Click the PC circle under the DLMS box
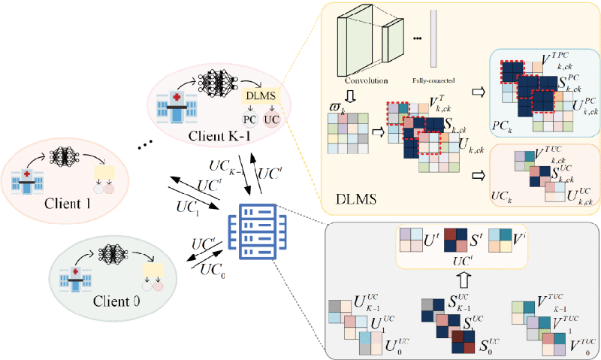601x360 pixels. click(249, 119)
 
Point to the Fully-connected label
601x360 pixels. click(433, 80)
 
